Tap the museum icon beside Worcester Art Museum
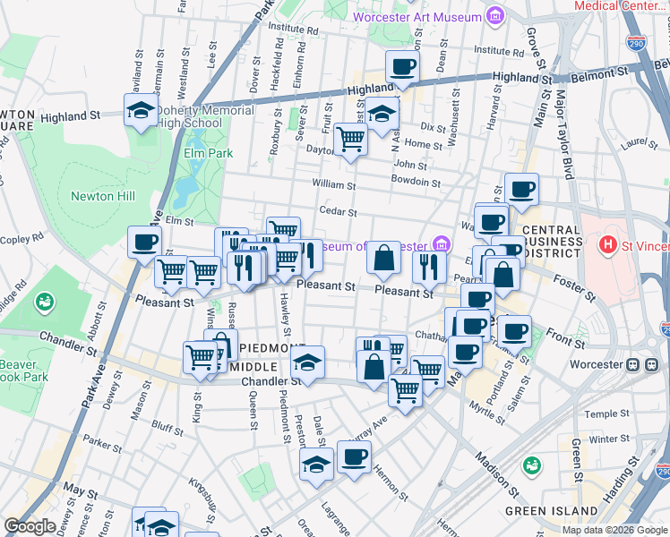[494, 16]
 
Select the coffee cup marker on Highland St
[402, 66]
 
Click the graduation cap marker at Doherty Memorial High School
[141, 112]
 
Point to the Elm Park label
[208, 153]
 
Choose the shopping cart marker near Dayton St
[349, 140]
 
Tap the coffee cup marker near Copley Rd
[144, 242]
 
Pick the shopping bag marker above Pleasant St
[383, 259]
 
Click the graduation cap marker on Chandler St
[307, 362]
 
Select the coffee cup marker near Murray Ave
[354, 457]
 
